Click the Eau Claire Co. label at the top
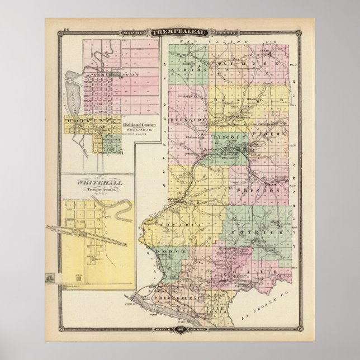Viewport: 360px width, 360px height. click(x=221, y=42)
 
